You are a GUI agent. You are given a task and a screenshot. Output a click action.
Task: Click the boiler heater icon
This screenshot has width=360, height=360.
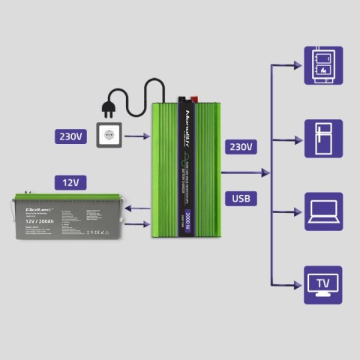click(x=323, y=65)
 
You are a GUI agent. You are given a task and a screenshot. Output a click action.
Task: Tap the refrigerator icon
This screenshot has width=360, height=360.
click(x=323, y=138)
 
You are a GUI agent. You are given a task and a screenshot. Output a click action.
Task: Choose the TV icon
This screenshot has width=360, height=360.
click(x=323, y=283)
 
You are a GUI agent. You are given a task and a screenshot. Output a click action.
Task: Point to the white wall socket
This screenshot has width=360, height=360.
click(x=110, y=137)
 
